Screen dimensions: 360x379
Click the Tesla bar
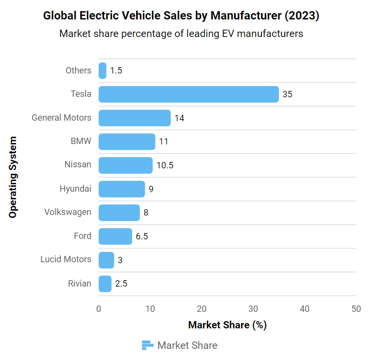click(189, 94)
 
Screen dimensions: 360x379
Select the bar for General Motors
click(135, 118)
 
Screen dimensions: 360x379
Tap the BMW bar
click(127, 142)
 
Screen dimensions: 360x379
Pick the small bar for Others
click(103, 71)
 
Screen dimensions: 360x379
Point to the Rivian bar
click(105, 284)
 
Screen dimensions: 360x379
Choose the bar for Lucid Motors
click(106, 260)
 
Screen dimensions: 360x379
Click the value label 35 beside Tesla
click(287, 94)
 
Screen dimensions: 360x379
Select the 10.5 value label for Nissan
click(165, 165)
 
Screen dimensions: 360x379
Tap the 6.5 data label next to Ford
click(142, 236)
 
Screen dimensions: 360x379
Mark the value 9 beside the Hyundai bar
click(151, 189)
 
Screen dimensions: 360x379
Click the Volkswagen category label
click(68, 212)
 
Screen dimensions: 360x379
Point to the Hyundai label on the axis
click(75, 189)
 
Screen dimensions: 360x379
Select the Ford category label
click(83, 236)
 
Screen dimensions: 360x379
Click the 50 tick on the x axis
click(356, 309)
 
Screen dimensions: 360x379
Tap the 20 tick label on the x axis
click(202, 309)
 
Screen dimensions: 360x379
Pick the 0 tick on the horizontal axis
click(99, 309)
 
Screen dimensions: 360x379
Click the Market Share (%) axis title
click(227, 325)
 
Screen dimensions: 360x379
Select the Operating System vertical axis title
click(13, 177)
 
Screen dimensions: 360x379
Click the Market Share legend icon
click(147, 345)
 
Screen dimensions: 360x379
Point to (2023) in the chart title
click(302, 16)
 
